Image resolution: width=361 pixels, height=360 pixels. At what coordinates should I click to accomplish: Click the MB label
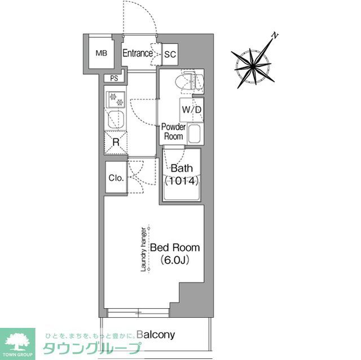point(101,54)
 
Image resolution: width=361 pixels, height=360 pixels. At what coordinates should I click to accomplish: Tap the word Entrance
point(138,54)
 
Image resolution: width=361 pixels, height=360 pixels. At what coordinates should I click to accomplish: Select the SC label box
point(170,55)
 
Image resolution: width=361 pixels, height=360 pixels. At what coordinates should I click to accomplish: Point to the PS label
point(115,78)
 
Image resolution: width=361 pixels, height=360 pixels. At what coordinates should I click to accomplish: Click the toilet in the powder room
point(188,82)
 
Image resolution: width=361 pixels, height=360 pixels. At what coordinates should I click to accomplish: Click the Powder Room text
point(173,132)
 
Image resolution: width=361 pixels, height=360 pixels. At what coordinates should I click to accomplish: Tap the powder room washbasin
point(195,134)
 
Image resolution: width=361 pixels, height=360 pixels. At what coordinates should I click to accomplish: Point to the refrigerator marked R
point(116,142)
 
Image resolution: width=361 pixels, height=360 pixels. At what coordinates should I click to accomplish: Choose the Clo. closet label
point(116,178)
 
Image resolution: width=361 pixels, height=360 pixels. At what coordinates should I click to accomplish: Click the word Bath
point(182,168)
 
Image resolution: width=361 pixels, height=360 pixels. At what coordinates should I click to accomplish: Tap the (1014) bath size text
point(182,181)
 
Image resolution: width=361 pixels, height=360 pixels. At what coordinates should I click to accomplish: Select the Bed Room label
point(174,247)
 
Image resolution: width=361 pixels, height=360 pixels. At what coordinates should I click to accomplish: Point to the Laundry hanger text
point(144,249)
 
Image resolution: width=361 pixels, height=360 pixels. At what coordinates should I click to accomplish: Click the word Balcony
point(155,335)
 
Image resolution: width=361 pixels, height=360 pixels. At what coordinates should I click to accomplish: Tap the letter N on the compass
point(275,36)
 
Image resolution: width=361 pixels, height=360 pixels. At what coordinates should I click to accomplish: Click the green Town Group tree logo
point(17,342)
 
